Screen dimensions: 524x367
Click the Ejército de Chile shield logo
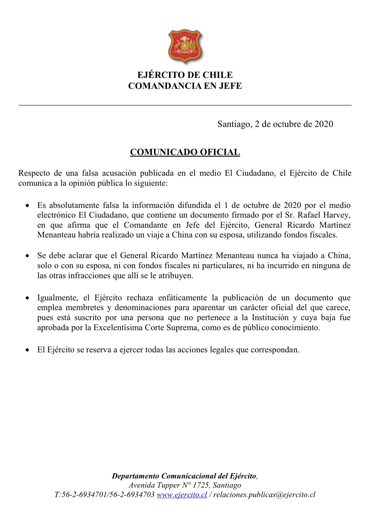185,46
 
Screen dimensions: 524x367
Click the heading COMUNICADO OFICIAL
185,152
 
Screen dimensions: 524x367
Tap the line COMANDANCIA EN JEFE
185,86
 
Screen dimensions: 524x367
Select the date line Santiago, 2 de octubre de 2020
275,124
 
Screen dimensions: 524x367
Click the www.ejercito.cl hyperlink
182,494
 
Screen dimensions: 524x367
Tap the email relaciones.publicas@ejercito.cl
264,494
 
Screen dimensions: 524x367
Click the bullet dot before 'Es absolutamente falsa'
27,206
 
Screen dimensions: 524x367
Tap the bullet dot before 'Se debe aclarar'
27,256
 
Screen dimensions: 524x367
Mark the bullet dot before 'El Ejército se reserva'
27,350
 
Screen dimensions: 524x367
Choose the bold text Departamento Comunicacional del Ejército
184,476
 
